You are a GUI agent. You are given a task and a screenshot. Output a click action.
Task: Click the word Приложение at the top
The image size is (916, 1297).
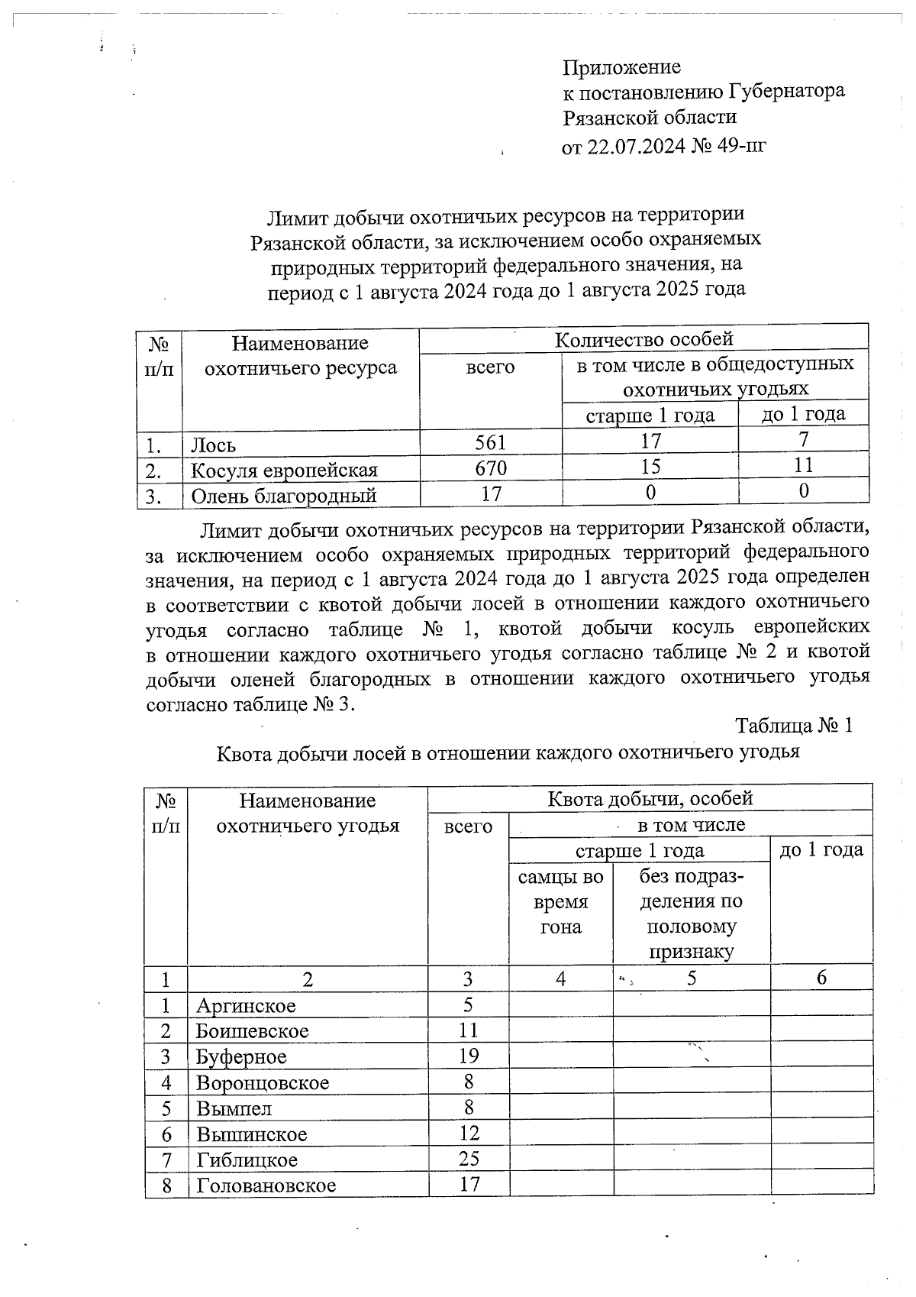621,67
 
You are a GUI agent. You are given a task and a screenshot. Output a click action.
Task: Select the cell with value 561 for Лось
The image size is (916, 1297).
490,442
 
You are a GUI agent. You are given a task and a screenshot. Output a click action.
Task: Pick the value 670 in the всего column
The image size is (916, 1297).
490,467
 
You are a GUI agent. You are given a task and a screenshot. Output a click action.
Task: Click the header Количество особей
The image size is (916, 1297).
643,338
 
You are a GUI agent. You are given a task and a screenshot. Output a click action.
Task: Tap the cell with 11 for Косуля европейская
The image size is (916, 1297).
803,465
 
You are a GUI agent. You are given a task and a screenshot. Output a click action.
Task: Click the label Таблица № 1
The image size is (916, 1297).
793,725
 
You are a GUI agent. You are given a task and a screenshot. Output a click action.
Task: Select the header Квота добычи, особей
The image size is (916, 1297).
650,798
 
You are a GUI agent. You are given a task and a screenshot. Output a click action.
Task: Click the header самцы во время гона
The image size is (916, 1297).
560,902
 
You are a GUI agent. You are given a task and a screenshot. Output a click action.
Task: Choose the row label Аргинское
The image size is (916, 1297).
245,1005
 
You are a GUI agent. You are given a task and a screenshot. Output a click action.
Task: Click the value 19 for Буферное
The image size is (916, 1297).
468,1056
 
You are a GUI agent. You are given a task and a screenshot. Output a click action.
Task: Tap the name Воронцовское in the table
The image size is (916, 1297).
262,1082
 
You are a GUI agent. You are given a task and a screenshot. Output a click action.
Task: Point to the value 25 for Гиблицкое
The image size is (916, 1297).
468,1159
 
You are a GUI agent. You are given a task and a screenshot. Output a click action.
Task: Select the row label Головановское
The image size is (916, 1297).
266,1185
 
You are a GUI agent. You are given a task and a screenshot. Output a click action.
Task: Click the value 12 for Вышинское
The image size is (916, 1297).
468,1133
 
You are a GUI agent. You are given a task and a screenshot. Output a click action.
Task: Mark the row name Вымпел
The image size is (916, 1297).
234,1108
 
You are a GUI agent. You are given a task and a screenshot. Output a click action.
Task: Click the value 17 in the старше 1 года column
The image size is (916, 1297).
650,441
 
